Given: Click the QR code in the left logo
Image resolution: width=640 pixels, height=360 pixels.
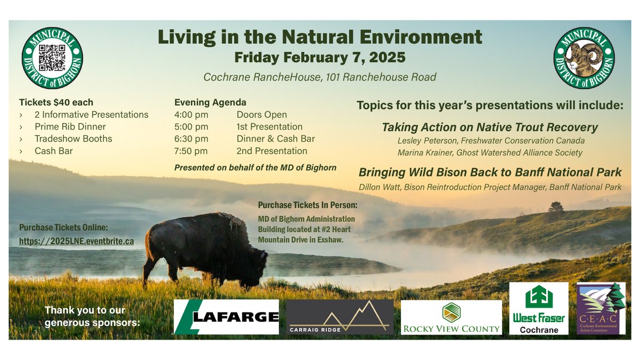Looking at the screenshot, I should click(x=52, y=58).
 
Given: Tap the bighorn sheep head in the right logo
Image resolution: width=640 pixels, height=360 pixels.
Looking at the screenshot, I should click(x=583, y=58).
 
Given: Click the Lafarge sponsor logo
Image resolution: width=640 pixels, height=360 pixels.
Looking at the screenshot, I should click(x=227, y=317).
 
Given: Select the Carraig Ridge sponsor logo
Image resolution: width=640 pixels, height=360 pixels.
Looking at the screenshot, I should click(x=340, y=317).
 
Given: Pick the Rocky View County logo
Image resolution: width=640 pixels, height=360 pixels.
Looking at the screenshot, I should click(x=451, y=317).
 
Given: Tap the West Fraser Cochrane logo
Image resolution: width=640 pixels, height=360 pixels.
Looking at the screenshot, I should click(x=539, y=309).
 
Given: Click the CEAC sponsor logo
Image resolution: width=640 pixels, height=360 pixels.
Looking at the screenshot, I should click(x=601, y=309).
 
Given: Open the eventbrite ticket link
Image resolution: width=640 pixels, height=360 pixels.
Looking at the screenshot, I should click(x=76, y=241).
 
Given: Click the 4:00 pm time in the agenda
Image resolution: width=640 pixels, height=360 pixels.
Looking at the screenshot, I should click(x=191, y=115).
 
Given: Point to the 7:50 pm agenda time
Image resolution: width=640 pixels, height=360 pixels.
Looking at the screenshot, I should click(x=191, y=151).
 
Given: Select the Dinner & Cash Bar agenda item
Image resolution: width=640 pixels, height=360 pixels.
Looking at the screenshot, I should click(x=275, y=139).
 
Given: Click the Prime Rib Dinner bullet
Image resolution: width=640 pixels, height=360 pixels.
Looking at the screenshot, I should click(x=70, y=127).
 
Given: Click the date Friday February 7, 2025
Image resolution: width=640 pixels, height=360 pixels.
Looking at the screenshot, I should click(x=319, y=57).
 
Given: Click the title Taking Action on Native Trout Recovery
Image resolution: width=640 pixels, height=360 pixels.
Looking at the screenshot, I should click(x=490, y=128).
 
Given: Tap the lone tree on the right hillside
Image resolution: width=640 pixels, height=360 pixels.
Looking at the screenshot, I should click(x=556, y=209).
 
